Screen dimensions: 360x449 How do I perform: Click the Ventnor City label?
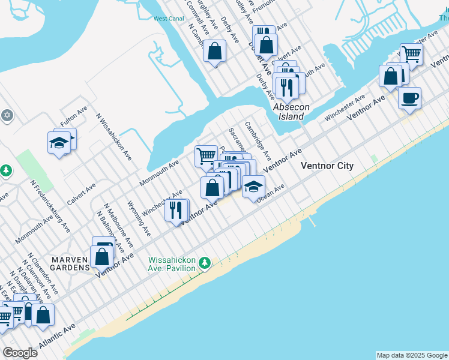327,166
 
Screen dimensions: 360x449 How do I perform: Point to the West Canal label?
168,19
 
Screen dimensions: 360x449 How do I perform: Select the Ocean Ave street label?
270,194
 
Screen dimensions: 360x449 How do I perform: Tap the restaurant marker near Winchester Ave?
176,210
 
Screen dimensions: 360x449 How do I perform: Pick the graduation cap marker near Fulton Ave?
59,142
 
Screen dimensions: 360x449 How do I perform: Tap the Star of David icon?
7,115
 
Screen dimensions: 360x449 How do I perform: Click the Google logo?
20,352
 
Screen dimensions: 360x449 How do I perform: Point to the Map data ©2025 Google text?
412,355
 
